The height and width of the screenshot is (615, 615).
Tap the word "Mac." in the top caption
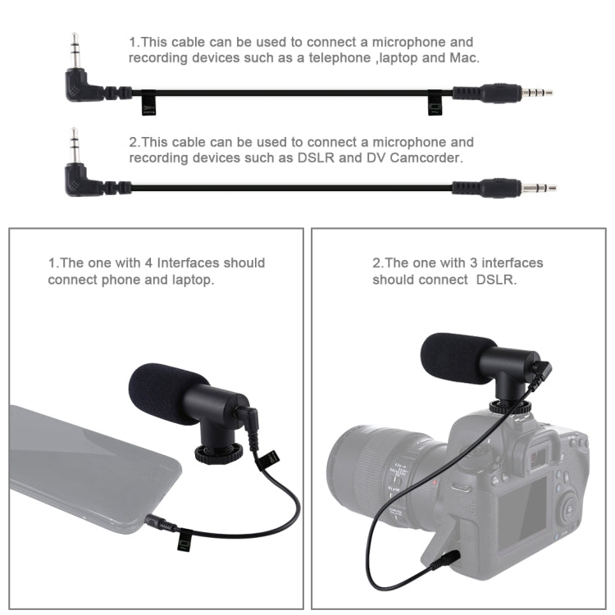point(463,58)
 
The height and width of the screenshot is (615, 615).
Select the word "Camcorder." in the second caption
point(427,158)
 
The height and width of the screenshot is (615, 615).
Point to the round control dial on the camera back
point(568,504)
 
